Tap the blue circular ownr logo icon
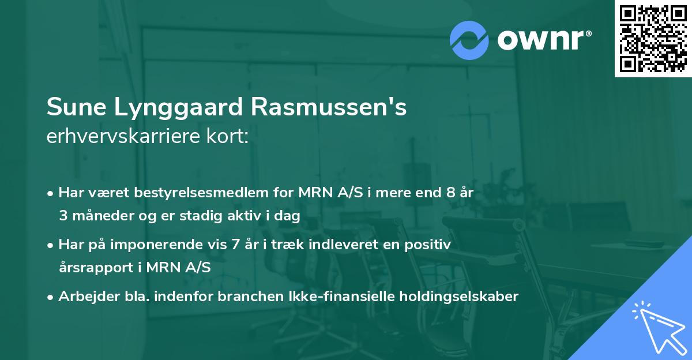469,40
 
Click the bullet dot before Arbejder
51,297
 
